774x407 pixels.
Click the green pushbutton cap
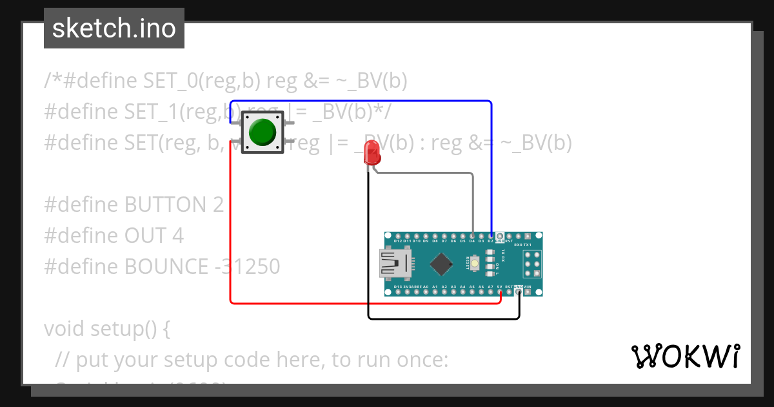262,132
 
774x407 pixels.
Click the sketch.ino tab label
114,28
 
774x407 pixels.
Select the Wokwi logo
685,356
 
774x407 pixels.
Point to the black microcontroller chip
441,264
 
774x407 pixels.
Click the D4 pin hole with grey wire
472,236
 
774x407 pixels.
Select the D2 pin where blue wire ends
491,236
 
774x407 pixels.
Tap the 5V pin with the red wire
500,291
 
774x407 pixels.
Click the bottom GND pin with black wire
519,291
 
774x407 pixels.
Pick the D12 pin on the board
397,236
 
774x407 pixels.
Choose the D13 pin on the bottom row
397,291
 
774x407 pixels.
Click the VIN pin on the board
528,291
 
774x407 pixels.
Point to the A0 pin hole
425,291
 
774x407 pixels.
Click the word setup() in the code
122,328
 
